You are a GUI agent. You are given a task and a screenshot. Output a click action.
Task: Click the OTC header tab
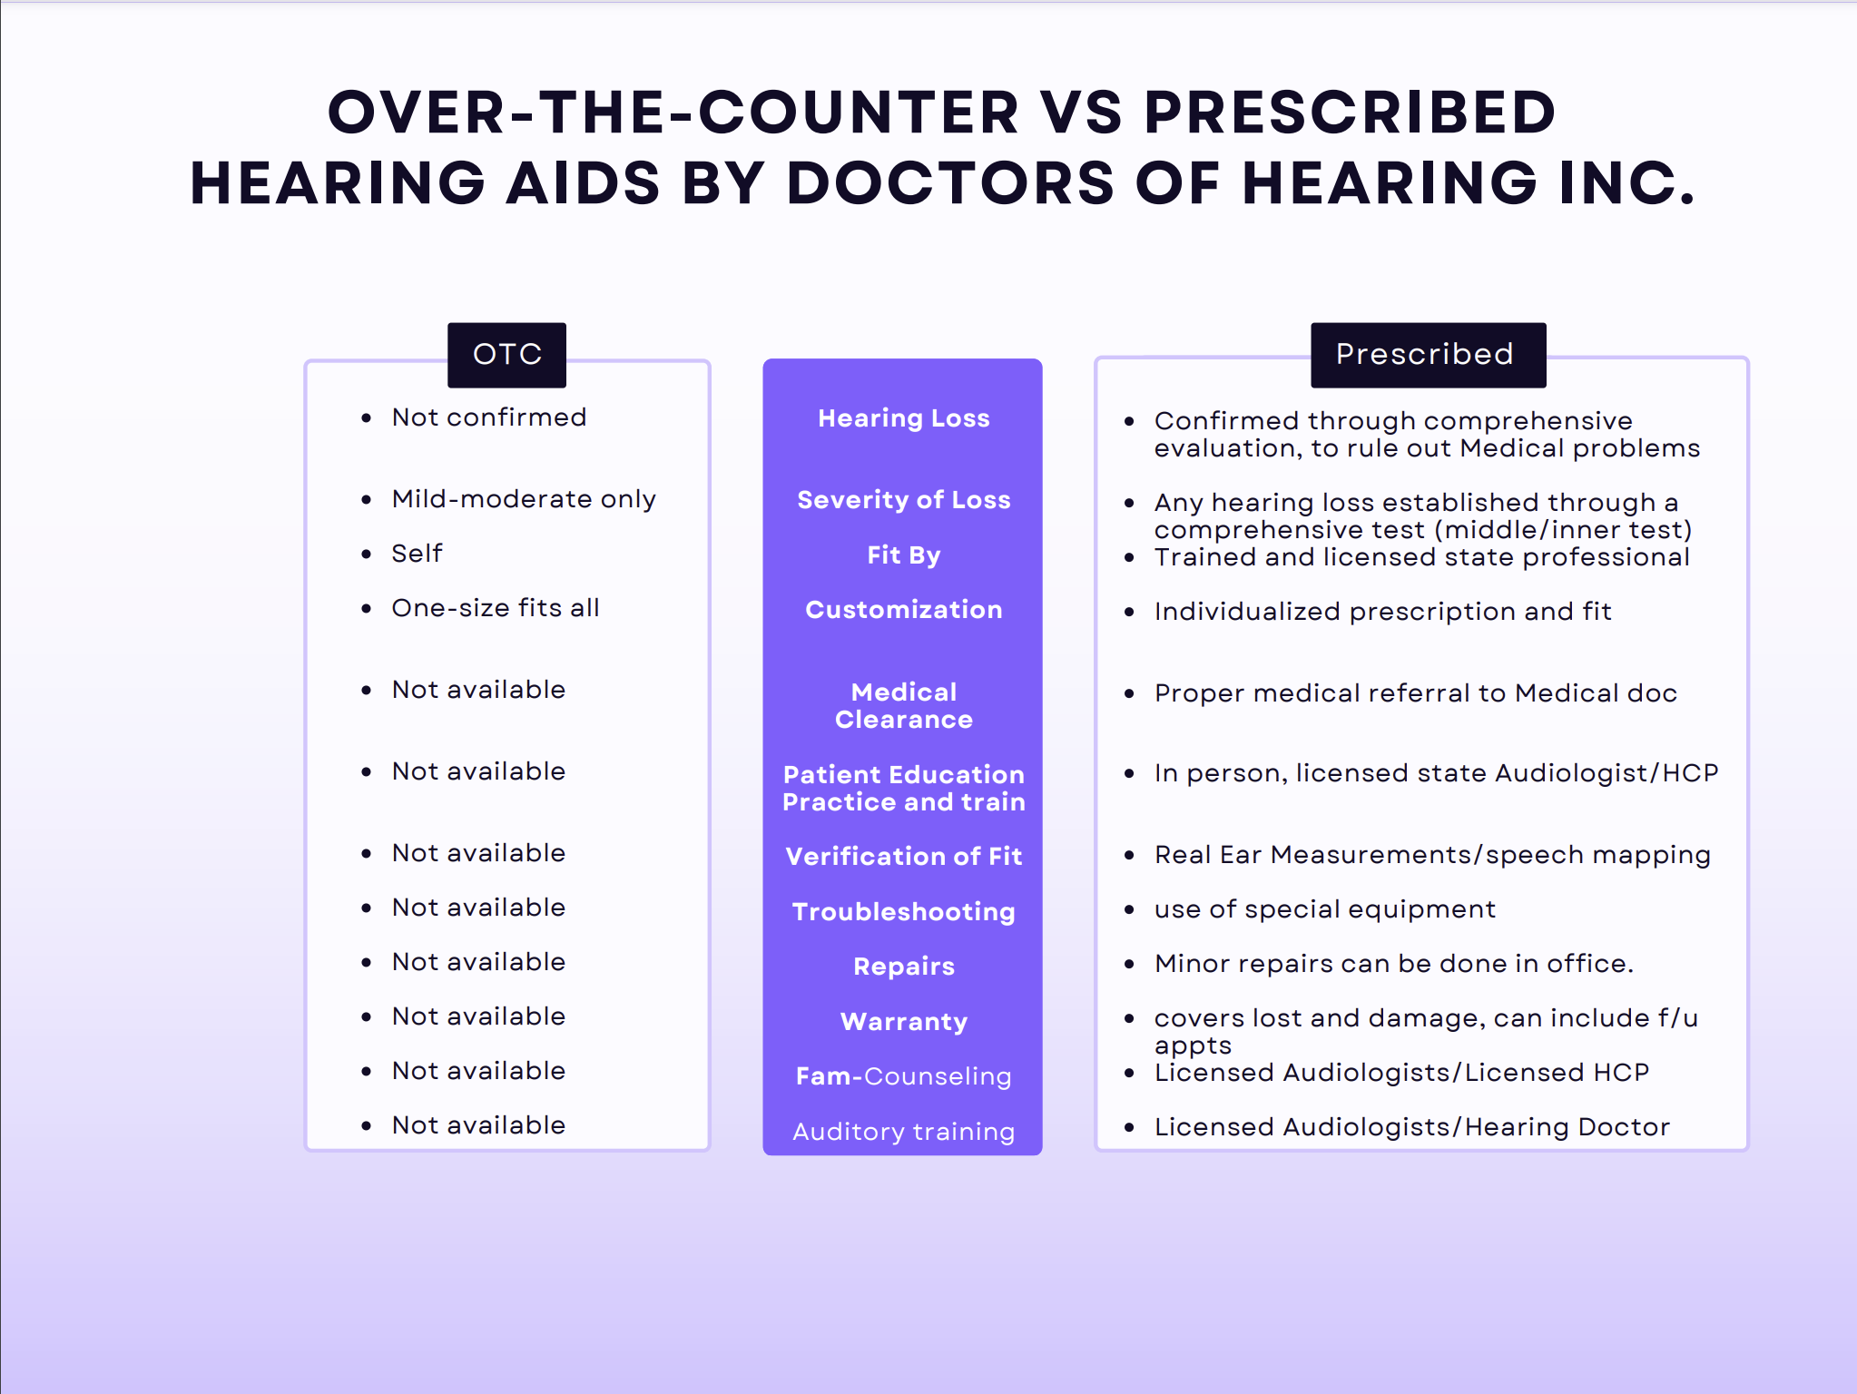click(506, 355)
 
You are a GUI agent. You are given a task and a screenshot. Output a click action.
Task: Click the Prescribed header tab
click(1428, 355)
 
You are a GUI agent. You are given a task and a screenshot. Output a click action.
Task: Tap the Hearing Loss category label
click(903, 418)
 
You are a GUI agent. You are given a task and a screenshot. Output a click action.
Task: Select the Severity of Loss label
click(903, 500)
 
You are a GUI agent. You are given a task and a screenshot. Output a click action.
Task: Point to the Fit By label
click(903, 555)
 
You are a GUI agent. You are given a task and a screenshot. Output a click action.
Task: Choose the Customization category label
click(903, 610)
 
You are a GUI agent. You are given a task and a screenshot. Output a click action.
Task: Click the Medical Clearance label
click(903, 706)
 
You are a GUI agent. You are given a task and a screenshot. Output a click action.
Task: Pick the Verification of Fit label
click(903, 857)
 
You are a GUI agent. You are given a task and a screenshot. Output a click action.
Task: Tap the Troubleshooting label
click(903, 912)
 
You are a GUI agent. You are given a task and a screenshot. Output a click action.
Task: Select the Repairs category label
click(903, 967)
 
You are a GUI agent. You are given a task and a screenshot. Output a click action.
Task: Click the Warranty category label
click(903, 1022)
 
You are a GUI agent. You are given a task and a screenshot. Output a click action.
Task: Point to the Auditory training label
click(903, 1132)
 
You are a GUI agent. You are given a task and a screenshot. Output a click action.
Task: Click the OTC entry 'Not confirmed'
click(489, 417)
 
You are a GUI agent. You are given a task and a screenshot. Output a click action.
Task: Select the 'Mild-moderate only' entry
click(524, 499)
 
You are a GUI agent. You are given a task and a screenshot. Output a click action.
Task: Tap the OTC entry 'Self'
click(418, 554)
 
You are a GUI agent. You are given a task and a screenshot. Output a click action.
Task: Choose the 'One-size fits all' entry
click(496, 608)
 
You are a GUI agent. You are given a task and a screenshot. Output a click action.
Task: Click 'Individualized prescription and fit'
click(1382, 612)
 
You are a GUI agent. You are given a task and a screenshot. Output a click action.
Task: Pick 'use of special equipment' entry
click(1325, 909)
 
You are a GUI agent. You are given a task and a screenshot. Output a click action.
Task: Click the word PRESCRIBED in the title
click(1350, 113)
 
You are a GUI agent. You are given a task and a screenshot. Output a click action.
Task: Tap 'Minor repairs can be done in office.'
click(1394, 964)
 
